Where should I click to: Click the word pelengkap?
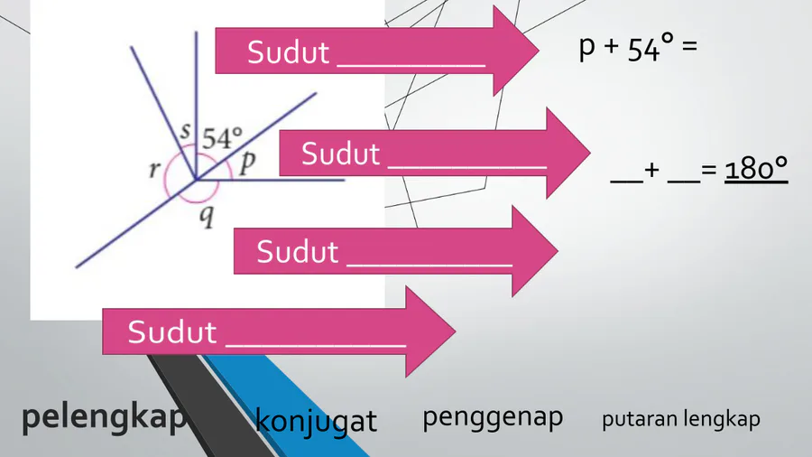104,418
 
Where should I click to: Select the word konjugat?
316,421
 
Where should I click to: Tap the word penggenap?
493,418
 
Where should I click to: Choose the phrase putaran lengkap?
680,419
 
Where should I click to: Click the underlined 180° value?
756,169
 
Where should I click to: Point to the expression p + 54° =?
638,48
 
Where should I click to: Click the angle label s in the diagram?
185,130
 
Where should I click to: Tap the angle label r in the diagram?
154,169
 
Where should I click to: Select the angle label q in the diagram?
207,217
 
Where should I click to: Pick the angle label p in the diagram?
247,163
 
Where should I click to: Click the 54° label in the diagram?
222,138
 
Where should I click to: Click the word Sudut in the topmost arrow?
288,52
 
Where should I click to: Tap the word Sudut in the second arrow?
341,154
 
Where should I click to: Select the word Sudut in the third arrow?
297,251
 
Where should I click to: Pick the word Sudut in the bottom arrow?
172,332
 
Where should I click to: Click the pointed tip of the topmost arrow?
540,51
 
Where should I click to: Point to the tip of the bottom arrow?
456,331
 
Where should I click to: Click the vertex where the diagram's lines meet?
196,180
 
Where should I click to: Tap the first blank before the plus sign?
626,182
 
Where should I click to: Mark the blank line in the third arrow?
429,266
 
